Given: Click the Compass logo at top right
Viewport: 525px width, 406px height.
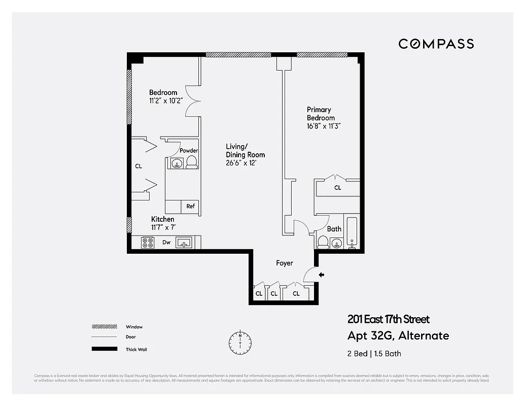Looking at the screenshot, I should point(436,44).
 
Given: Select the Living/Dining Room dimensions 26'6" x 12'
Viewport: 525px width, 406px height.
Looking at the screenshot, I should point(242,163).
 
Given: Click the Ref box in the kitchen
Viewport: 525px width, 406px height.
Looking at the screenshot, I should point(191,206).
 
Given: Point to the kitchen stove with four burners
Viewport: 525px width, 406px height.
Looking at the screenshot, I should point(147,243).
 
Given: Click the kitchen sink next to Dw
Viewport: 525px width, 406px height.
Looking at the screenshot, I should point(184,243).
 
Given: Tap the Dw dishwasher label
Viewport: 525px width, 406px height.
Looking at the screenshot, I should point(166,243).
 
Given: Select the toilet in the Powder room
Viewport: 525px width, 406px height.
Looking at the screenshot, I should point(192,162).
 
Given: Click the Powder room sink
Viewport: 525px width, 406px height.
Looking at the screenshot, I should point(177,163).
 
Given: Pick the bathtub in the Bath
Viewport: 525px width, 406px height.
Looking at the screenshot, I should point(352,232).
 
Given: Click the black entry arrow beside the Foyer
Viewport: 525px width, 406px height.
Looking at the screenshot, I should point(321,275).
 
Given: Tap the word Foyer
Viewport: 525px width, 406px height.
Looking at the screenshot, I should point(285,263).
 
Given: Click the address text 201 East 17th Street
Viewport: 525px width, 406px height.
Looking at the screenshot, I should point(388,319).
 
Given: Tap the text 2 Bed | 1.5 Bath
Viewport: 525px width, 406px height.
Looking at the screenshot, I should point(374,353).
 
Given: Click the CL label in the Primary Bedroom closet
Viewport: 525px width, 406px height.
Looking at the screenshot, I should point(338,188).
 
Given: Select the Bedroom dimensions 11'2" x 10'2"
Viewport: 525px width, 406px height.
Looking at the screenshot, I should point(166,100).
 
